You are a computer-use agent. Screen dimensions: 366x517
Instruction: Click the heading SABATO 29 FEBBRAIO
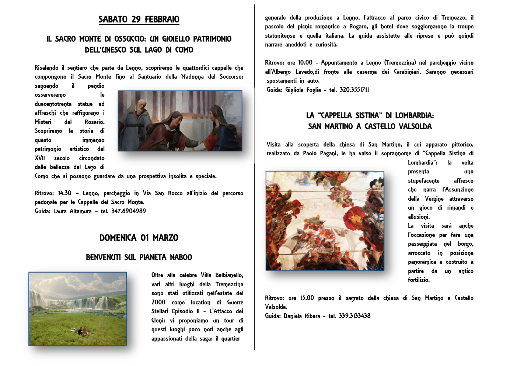click(139, 19)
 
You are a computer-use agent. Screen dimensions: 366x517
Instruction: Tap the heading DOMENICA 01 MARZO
click(139, 238)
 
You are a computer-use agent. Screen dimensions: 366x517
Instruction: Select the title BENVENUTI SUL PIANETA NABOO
click(139, 257)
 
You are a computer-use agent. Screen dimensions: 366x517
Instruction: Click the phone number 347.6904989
click(128, 211)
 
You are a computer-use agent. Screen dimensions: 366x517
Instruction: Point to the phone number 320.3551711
click(354, 90)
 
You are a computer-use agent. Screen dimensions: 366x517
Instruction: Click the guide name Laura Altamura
click(72, 211)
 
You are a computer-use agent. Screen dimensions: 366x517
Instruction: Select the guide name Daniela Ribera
click(302, 316)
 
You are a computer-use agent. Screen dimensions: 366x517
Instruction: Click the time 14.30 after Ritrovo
click(65, 193)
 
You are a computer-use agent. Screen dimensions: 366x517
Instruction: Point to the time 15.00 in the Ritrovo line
click(307, 298)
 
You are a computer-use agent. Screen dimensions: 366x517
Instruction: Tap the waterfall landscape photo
click(77, 308)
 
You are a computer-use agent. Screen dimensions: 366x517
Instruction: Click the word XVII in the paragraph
click(40, 158)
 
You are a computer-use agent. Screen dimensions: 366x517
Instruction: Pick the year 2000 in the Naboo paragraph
click(158, 302)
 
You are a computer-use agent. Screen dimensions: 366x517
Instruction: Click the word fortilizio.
click(419, 280)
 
